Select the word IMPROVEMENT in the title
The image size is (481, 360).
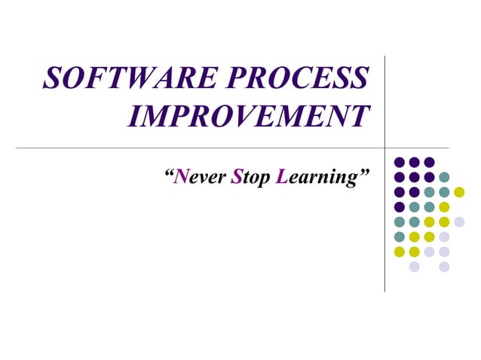point(249,116)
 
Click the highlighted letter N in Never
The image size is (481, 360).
point(181,178)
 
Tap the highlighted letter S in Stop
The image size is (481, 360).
point(237,178)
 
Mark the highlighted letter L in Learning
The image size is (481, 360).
point(282,178)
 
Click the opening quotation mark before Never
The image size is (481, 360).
point(168,174)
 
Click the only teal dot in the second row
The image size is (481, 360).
point(444,177)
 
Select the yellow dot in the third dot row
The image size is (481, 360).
point(459,192)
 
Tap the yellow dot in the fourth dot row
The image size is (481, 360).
point(444,207)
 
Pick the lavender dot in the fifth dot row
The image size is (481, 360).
point(459,221)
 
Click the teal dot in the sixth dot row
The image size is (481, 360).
point(400,236)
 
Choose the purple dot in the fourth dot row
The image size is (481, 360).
point(400,207)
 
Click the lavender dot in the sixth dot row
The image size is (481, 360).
point(444,236)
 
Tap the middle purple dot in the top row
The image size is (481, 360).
point(414,162)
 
